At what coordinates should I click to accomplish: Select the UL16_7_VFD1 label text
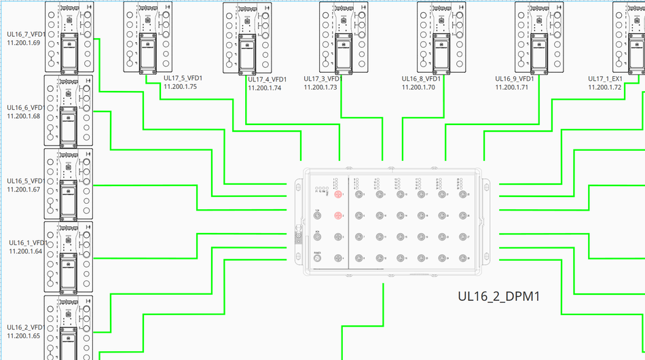tap(26, 34)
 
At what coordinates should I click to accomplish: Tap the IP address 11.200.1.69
tap(23, 43)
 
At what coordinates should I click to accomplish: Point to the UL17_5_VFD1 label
tap(183, 78)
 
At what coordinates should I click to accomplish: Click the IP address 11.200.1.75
tap(180, 87)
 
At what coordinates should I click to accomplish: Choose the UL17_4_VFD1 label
tap(267, 79)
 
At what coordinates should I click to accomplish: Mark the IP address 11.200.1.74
tap(264, 88)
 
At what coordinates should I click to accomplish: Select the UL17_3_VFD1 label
tap(322, 79)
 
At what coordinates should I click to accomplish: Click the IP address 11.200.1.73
tap(320, 88)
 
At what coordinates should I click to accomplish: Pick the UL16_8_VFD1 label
tap(421, 79)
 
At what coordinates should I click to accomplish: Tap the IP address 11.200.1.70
tap(418, 88)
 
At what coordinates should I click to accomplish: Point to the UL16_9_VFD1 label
tap(515, 79)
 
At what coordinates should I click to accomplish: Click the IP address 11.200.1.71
tap(512, 88)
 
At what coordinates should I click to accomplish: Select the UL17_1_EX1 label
tap(605, 79)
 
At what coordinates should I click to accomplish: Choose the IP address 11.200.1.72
tap(604, 88)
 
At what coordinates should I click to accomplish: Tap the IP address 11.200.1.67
tap(23, 190)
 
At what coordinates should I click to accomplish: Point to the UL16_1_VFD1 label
tap(28, 242)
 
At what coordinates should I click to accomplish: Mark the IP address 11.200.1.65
tap(23, 336)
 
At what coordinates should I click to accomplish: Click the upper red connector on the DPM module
tap(338, 195)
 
